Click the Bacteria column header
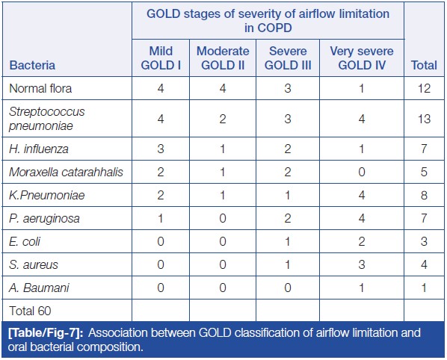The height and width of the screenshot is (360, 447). point(32,65)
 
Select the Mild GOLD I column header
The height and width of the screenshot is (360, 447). point(161,58)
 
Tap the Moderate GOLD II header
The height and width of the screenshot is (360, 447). point(223,58)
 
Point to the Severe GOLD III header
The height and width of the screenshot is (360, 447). point(288,58)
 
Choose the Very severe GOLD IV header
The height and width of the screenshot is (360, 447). point(362,58)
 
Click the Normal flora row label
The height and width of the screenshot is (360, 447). point(40,88)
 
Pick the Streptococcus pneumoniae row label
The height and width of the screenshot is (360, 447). point(47,119)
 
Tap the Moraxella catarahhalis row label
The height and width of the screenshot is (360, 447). point(66,172)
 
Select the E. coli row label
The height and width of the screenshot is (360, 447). point(25,241)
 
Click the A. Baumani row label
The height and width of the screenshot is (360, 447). point(39,288)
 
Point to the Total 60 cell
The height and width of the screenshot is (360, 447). point(30,311)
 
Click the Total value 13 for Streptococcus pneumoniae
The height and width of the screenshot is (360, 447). point(424,119)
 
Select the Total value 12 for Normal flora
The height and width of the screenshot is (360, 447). point(424,88)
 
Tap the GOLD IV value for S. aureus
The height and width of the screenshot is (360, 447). point(362,264)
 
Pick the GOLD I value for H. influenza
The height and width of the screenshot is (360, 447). point(161,149)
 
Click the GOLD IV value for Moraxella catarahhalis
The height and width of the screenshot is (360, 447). point(362,172)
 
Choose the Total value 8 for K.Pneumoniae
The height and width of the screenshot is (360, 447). point(424,195)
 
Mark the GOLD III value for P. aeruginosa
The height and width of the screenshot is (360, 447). point(288,218)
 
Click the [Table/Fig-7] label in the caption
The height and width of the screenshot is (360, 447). point(46,332)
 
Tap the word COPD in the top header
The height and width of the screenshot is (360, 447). point(274,28)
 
